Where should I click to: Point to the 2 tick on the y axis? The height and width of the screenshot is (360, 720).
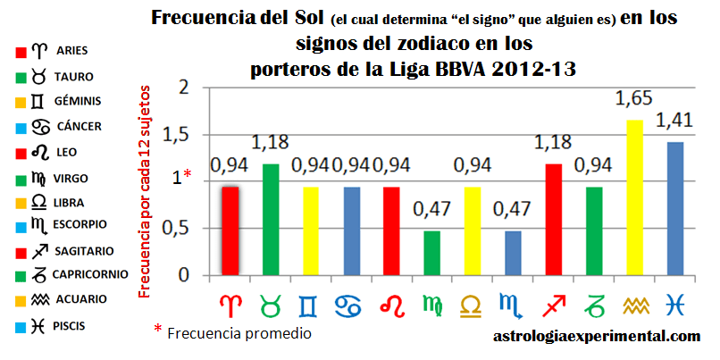185,88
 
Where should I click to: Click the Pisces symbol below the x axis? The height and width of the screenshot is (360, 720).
672,305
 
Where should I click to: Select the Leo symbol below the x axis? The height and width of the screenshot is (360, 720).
393,305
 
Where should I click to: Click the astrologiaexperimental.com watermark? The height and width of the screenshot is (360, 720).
597,337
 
